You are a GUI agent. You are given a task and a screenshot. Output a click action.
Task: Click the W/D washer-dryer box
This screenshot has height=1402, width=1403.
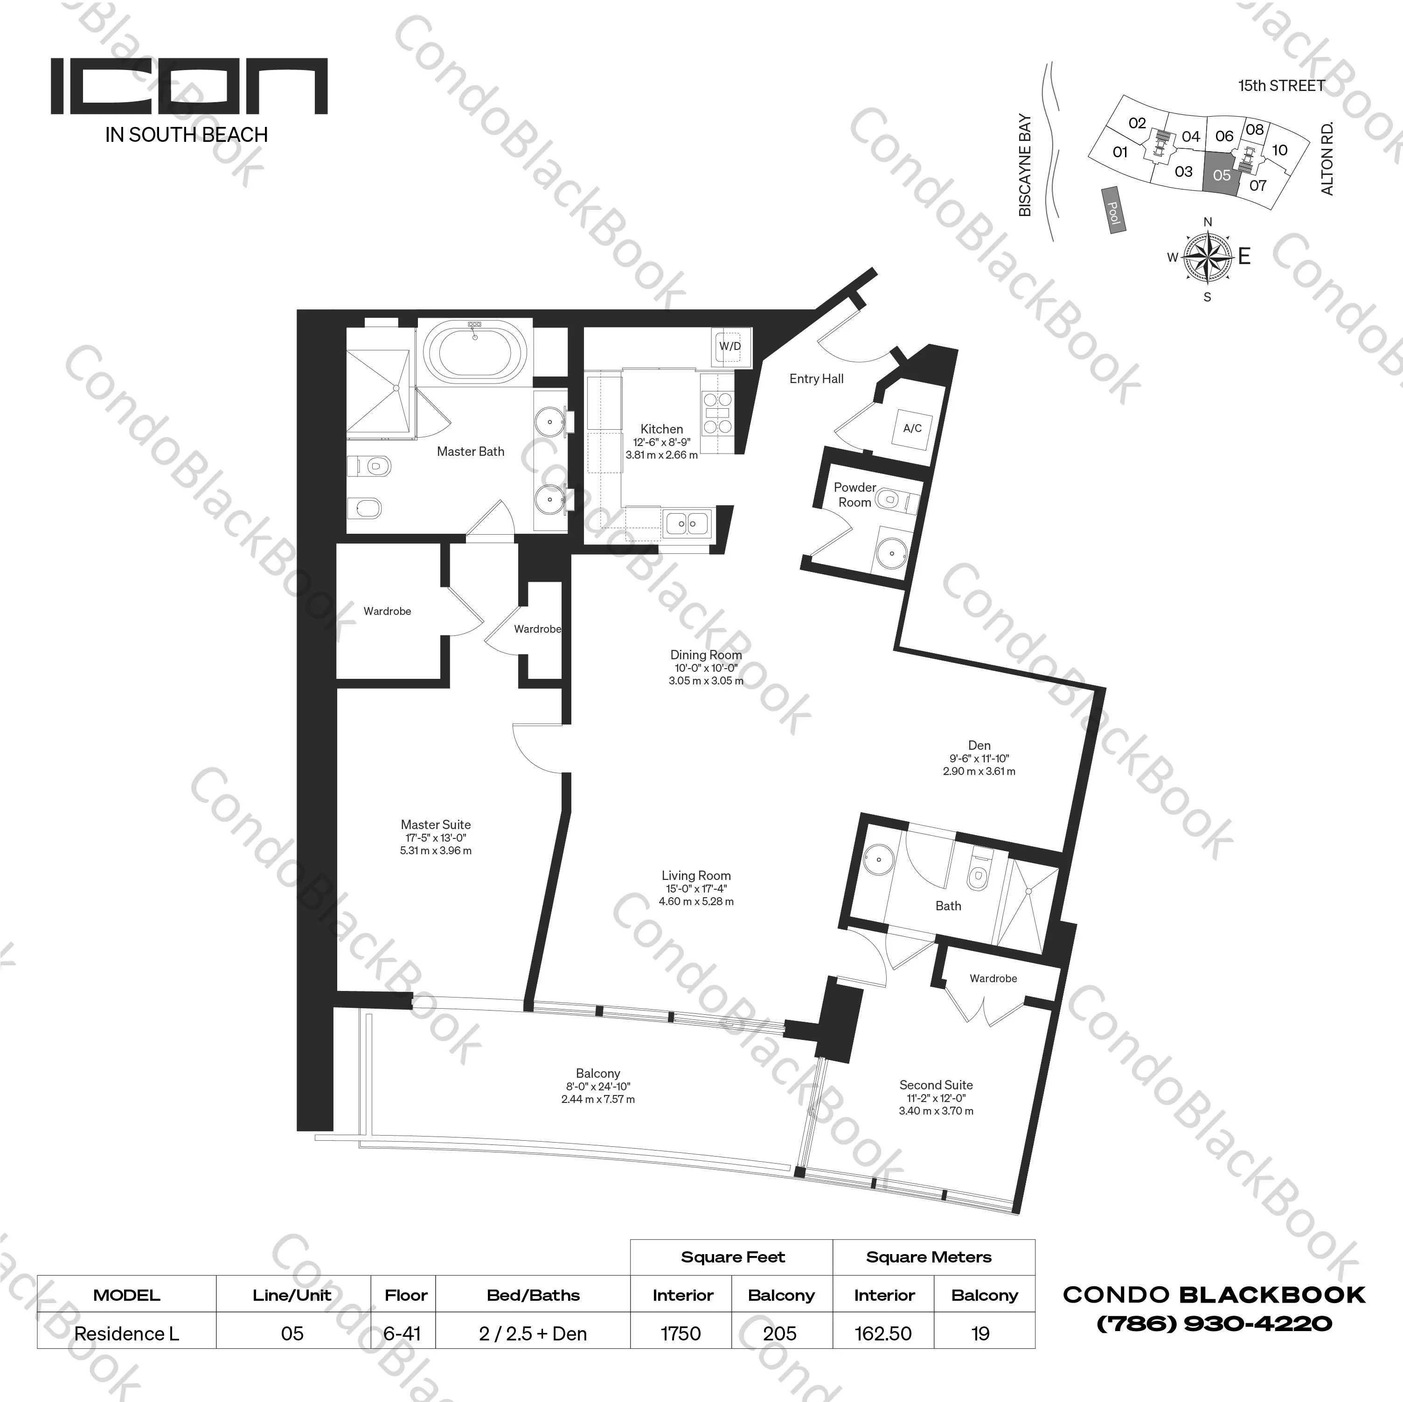pyautogui.click(x=730, y=347)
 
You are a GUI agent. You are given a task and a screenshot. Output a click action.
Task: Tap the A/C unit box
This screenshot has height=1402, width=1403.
pyautogui.click(x=912, y=429)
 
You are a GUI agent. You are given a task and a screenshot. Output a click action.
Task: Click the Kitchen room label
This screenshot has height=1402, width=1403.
pyautogui.click(x=661, y=429)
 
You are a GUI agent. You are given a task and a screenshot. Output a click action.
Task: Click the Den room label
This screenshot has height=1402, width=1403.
pyautogui.click(x=979, y=745)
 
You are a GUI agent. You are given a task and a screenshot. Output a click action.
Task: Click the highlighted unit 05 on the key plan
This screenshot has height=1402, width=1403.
pyautogui.click(x=1222, y=174)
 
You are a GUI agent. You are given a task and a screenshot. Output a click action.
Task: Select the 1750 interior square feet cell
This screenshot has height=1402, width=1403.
pyautogui.click(x=681, y=1334)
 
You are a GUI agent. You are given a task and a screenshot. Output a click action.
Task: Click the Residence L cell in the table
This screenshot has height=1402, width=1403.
pyautogui.click(x=126, y=1334)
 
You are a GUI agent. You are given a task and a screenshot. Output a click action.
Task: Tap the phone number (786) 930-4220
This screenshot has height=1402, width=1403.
pyautogui.click(x=1214, y=1324)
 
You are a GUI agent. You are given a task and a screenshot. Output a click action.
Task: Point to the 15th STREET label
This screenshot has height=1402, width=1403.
pyautogui.click(x=1281, y=86)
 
